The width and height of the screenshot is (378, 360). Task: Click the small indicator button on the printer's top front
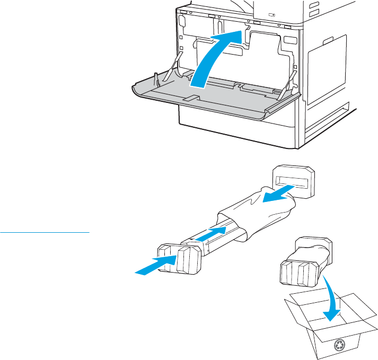273,15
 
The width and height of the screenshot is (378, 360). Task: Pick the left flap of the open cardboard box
297,307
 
